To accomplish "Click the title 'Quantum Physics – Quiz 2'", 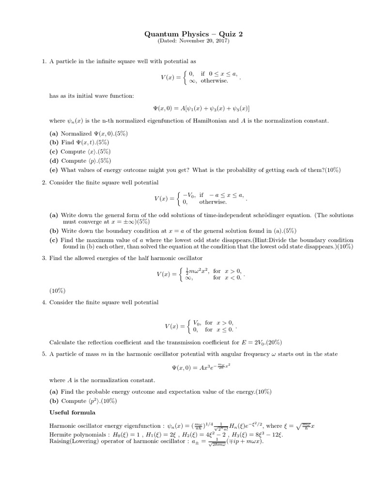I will point(186,34).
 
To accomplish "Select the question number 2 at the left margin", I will point(44,182).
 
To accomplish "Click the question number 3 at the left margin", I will point(44,258).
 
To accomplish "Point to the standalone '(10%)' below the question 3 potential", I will point(57,291).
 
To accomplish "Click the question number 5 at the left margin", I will point(44,354).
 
